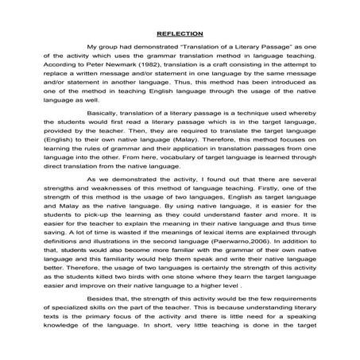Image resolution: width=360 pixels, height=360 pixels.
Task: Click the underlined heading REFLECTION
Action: pyautogui.click(x=180, y=34)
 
